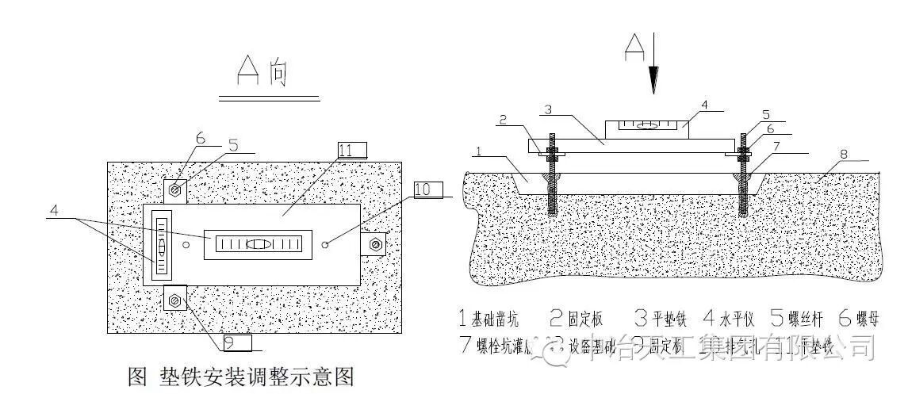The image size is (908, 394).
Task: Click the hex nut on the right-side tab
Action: point(375,243)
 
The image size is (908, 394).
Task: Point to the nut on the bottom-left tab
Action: point(175,300)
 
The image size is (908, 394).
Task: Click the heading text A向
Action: point(263,73)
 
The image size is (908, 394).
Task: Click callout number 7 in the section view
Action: point(778,146)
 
